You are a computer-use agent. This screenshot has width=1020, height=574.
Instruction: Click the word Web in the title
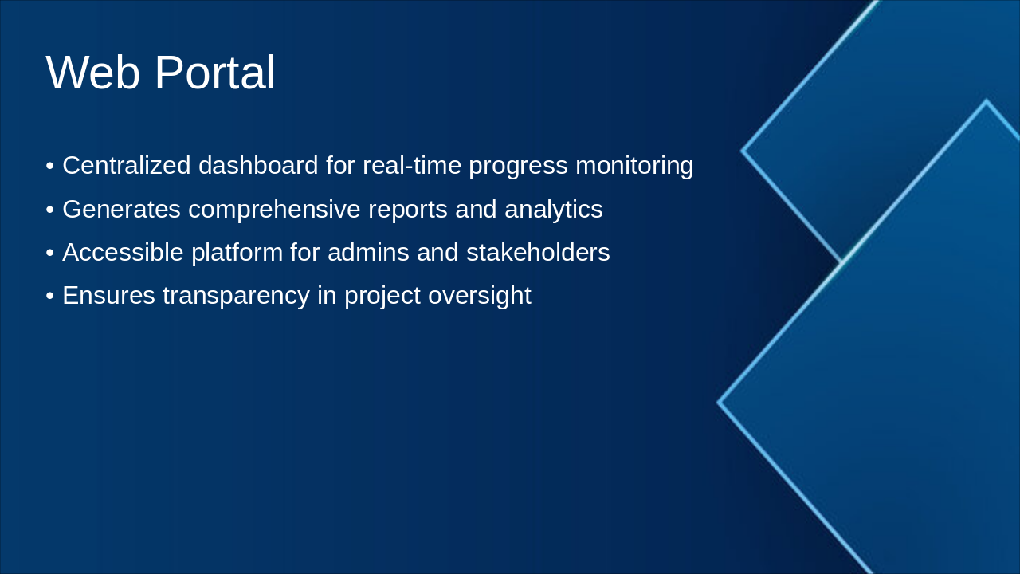pos(92,73)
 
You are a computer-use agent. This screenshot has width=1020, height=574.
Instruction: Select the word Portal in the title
pos(215,73)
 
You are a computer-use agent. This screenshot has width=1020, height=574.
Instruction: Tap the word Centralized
pos(126,165)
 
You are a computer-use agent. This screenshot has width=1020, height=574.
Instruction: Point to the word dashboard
pos(258,165)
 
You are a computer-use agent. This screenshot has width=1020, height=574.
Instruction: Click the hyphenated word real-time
pos(412,165)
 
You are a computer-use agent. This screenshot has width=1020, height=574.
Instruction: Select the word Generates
pos(122,209)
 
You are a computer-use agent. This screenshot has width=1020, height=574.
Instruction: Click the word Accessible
pos(123,252)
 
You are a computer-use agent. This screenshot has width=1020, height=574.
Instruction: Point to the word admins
pos(368,252)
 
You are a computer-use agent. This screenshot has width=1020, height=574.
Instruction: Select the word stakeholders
pos(538,252)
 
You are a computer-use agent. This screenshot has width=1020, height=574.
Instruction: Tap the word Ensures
pos(109,295)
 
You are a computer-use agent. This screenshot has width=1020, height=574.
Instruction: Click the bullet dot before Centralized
pos(50,166)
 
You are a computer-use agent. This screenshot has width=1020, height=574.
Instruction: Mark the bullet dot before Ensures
pos(50,296)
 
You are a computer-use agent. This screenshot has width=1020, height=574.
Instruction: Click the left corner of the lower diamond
pos(718,403)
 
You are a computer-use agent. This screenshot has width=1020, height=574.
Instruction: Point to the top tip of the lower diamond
pos(987,100)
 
